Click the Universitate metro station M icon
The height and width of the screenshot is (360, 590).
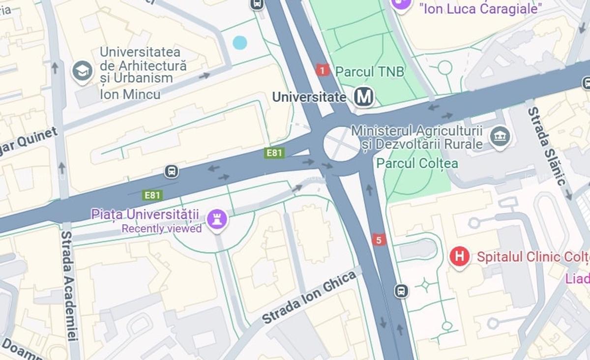pyautogui.click(x=364, y=96)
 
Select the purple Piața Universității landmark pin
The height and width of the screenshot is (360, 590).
pyautogui.click(x=216, y=218)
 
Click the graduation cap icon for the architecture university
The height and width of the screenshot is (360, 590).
pyautogui.click(x=82, y=72)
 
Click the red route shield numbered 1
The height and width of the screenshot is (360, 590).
pyautogui.click(x=322, y=70)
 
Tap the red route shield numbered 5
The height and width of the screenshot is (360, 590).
pyautogui.click(x=379, y=240)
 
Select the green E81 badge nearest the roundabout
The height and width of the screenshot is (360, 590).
pyautogui.click(x=274, y=153)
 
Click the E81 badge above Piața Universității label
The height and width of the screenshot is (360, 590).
pyautogui.click(x=152, y=195)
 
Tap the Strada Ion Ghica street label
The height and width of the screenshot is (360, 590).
pyautogui.click(x=309, y=297)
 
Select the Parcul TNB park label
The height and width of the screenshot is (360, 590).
pyautogui.click(x=369, y=72)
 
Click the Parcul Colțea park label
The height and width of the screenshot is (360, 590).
pyautogui.click(x=417, y=163)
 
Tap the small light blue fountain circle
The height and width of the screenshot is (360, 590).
pyautogui.click(x=239, y=43)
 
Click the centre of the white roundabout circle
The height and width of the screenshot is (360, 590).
pyautogui.click(x=342, y=144)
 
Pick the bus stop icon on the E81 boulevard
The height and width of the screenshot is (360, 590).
pyautogui.click(x=171, y=171)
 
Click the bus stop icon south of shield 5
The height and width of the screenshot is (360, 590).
pyautogui.click(x=401, y=291)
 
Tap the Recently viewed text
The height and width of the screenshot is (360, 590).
pyautogui.click(x=162, y=229)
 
